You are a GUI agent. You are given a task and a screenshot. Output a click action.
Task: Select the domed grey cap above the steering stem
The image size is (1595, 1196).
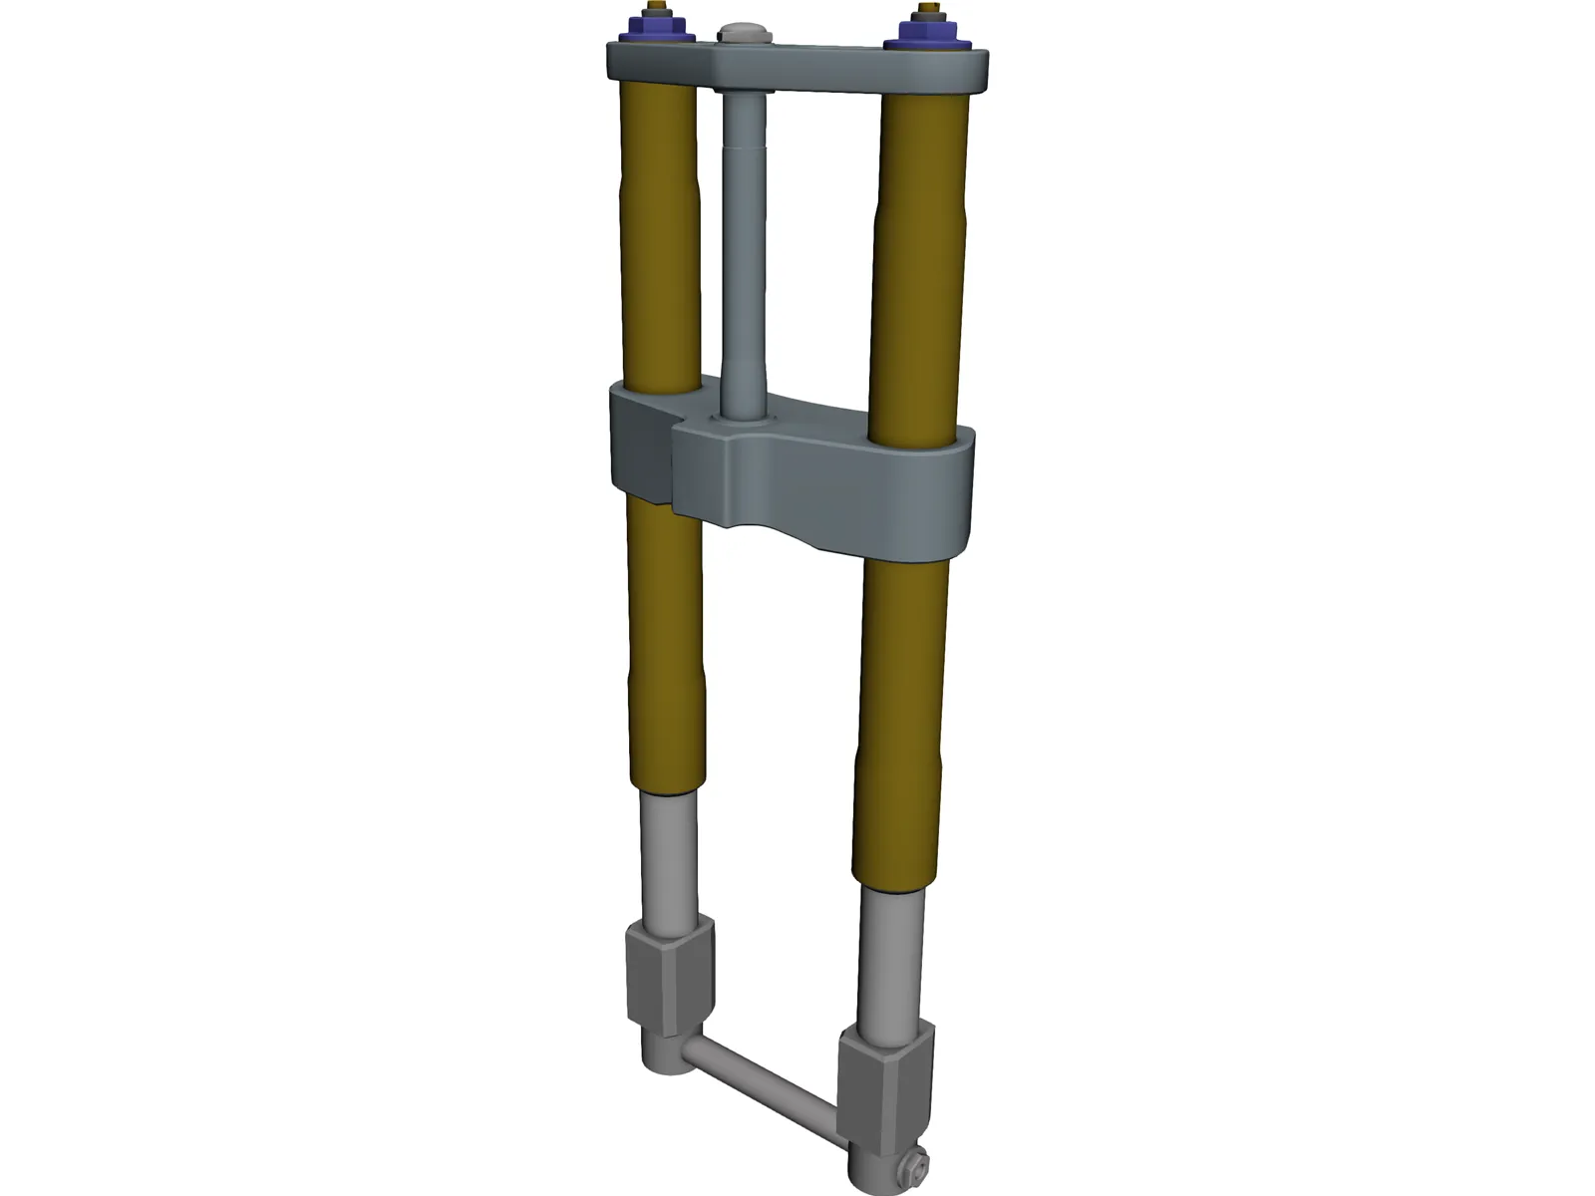click(745, 33)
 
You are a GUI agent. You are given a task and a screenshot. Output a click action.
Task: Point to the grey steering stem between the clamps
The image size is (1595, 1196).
click(744, 249)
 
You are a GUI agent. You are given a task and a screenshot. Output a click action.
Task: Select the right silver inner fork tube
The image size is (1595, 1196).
click(890, 957)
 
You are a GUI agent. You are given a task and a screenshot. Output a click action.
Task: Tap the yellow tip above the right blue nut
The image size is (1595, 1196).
click(931, 11)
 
